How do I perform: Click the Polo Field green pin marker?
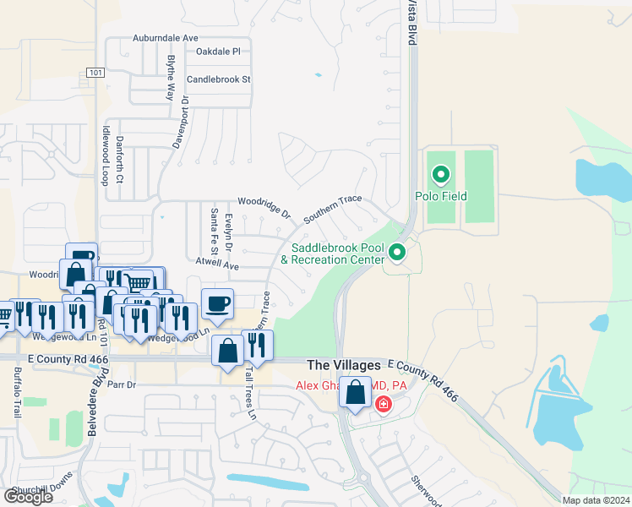(440, 175)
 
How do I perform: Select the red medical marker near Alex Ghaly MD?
(384, 405)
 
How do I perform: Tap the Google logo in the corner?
(28, 496)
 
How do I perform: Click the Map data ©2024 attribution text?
(595, 500)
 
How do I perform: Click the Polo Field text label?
(440, 197)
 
